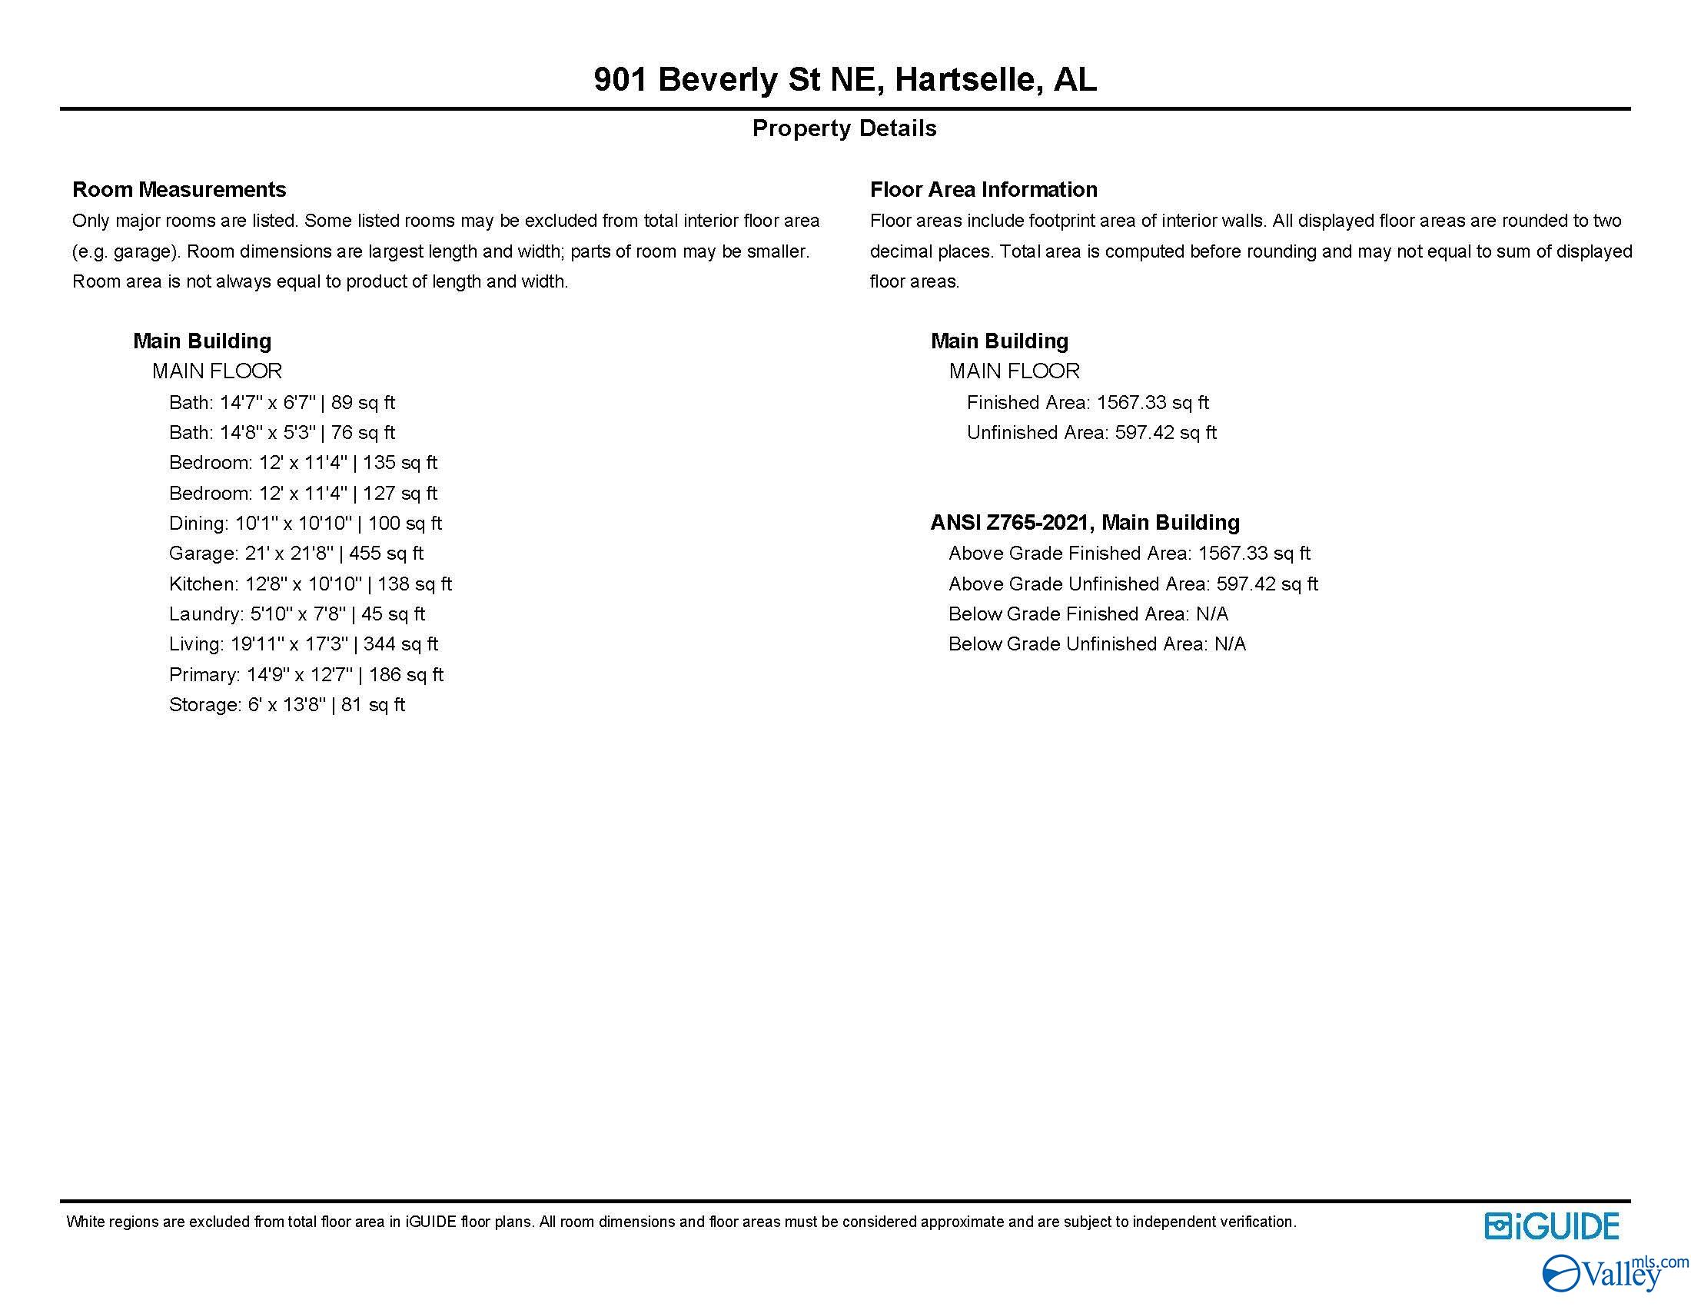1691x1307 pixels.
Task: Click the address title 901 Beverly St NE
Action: [x=845, y=80]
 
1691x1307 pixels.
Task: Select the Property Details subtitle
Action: [x=844, y=128]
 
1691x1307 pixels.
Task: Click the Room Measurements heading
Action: [x=179, y=190]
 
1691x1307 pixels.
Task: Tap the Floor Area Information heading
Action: [x=983, y=190]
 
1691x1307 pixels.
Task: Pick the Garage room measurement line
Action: [x=296, y=554]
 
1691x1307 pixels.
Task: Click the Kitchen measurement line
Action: [x=310, y=584]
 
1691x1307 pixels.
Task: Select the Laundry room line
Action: [x=297, y=614]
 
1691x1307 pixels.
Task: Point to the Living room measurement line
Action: [x=303, y=644]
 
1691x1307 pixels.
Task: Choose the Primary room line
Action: [x=306, y=675]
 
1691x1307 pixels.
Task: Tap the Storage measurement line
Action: [x=287, y=705]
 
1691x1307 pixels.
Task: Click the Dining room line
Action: [x=305, y=524]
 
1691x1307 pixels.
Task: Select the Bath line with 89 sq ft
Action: [x=282, y=403]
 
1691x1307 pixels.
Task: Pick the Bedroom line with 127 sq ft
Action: [x=303, y=494]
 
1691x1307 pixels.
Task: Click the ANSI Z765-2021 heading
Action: [x=1085, y=523]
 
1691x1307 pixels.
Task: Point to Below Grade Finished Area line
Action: [x=1088, y=614]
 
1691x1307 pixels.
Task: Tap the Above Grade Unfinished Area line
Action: [x=1133, y=584]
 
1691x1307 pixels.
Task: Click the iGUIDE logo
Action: [x=1552, y=1226]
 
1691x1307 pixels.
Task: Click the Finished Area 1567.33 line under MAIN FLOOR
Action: [x=1087, y=403]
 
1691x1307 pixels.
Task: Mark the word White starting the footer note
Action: [x=85, y=1222]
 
